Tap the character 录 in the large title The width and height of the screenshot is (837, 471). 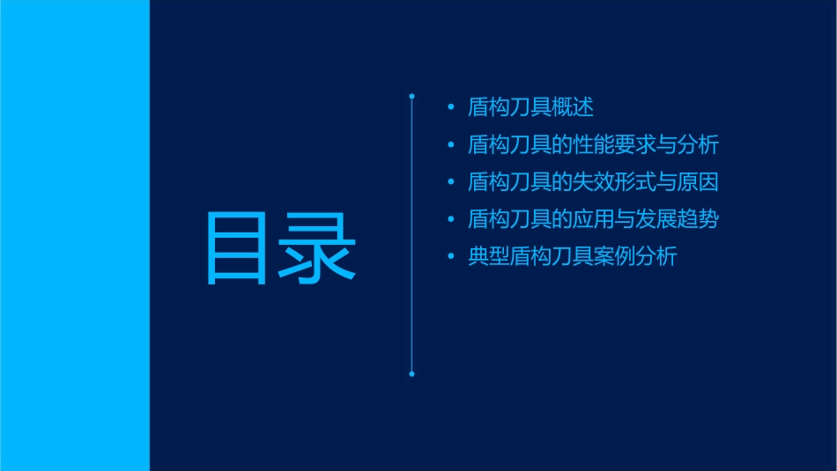pos(318,249)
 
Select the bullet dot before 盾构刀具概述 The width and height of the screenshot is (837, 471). pos(451,108)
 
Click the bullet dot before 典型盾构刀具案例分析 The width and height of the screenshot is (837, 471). pos(451,257)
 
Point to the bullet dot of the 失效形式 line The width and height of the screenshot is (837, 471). pos(451,183)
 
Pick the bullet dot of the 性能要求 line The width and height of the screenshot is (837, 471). pos(451,145)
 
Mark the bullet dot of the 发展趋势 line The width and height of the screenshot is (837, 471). pos(451,220)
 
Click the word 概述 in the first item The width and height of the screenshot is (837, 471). pos(574,108)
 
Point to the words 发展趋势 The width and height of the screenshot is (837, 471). pos(678,220)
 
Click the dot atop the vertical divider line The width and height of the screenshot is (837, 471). pos(411,95)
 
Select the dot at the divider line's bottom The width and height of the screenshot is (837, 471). pos(411,374)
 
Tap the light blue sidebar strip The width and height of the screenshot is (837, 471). pos(74,235)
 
